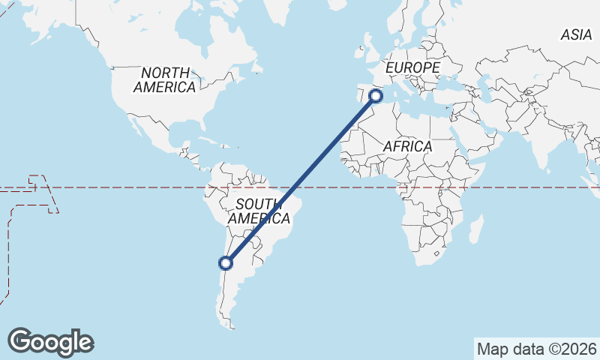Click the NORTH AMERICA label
(x=164, y=79)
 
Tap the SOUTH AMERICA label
(x=259, y=211)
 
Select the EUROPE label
(x=412, y=68)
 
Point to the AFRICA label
(x=407, y=146)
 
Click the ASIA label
(x=576, y=34)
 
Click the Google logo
(x=50, y=341)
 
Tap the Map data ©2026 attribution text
(x=537, y=349)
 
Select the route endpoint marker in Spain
(x=376, y=95)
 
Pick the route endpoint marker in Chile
(x=225, y=262)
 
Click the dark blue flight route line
(x=300, y=179)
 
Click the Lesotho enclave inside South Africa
(x=435, y=255)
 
